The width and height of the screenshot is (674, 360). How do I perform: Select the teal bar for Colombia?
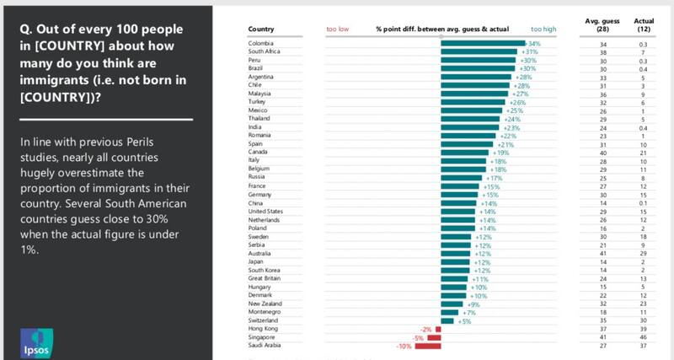(483, 43)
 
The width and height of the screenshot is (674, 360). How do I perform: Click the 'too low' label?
(338, 29)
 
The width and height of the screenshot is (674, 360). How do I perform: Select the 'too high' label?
(544, 29)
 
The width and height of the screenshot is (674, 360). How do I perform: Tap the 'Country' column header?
(261, 29)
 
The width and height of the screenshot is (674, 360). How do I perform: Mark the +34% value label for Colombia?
(532, 43)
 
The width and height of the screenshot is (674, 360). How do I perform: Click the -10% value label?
(404, 346)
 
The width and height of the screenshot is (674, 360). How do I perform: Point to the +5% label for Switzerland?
(465, 320)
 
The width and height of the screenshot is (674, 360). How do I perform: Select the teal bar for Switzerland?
(447, 320)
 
